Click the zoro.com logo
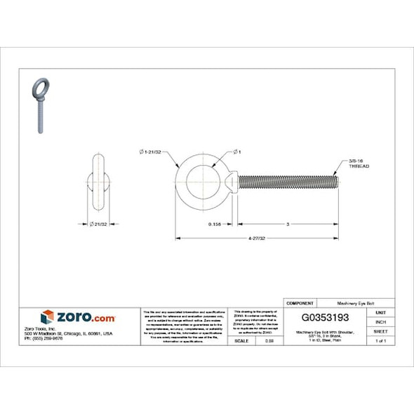(x=77, y=316)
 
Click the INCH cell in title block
(x=380, y=321)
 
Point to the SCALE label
(x=241, y=340)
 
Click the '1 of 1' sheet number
(x=380, y=340)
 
